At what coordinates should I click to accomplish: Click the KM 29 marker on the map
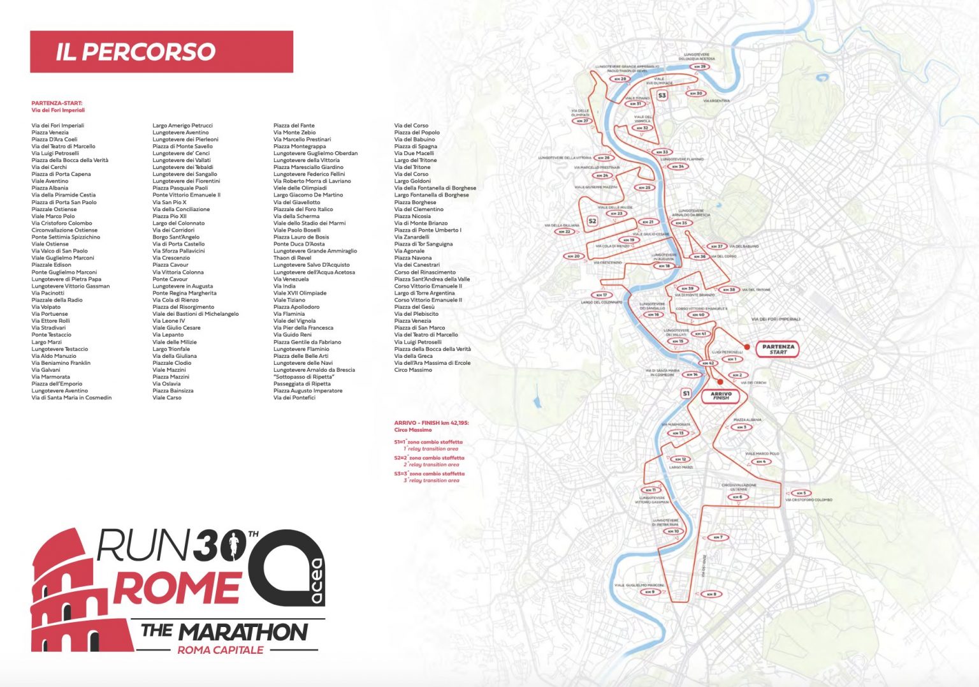[700, 66]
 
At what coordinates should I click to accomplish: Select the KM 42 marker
[707, 363]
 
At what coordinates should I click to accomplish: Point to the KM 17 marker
[601, 295]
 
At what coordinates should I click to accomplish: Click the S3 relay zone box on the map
[662, 96]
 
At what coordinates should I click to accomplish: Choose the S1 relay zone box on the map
[686, 394]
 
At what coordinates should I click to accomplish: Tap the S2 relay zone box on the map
[592, 221]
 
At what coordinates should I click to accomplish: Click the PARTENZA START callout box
[778, 349]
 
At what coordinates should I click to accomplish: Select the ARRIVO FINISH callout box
[721, 395]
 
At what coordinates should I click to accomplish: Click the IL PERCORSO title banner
[161, 52]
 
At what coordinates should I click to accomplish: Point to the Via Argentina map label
[716, 101]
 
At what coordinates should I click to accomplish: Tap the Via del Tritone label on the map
[756, 290]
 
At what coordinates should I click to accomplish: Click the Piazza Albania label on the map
[747, 420]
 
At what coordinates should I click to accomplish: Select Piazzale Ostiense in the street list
[54, 209]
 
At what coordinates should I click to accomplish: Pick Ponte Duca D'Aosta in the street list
[299, 244]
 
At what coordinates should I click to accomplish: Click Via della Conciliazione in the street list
[181, 209]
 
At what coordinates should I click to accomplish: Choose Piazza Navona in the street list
[413, 258]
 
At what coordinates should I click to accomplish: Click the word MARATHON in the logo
[243, 632]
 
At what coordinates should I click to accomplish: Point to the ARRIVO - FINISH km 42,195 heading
[431, 423]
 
